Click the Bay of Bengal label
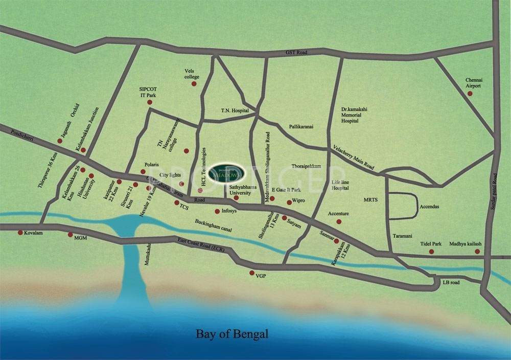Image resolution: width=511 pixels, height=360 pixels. pos(232,334)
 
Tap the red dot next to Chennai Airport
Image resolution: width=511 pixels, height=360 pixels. pos(470,93)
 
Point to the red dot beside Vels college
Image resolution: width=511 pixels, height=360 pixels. pos(194,83)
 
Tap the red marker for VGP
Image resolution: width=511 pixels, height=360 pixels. pos(251,273)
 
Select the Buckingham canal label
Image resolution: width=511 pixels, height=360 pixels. pos(213,226)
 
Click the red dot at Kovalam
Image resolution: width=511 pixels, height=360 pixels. pos(20,233)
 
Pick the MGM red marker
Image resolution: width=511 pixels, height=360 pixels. pos(71,235)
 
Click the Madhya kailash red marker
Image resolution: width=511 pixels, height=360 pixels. pos(477,251)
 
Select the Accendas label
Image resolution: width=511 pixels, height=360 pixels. pos(429,207)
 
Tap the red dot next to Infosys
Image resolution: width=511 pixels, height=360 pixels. pos(217,211)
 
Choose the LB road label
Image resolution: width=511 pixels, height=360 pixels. pos(451,282)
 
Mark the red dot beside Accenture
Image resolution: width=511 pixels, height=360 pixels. pos(339,221)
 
